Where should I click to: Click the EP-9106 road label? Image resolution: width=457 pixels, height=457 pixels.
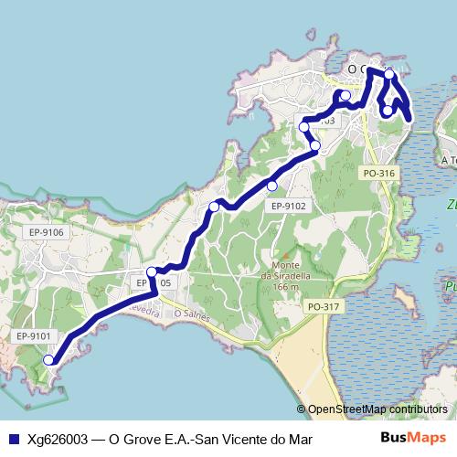coord(46,232)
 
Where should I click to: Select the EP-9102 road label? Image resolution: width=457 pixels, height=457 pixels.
coord(289,207)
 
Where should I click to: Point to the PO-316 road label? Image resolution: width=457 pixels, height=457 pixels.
coord(378,173)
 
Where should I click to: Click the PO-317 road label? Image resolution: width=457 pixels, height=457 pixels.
coord(324,306)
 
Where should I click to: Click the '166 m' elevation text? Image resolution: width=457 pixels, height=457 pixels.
coord(285,286)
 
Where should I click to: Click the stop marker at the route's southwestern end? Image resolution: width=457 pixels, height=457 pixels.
coord(49,360)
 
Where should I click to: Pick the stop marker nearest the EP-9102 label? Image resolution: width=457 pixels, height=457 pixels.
coord(271,186)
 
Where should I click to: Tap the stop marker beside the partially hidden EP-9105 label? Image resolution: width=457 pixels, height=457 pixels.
coord(152,271)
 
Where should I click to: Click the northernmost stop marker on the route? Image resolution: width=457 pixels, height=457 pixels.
coord(388,74)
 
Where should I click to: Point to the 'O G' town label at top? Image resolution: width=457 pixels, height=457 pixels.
coord(362,69)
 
